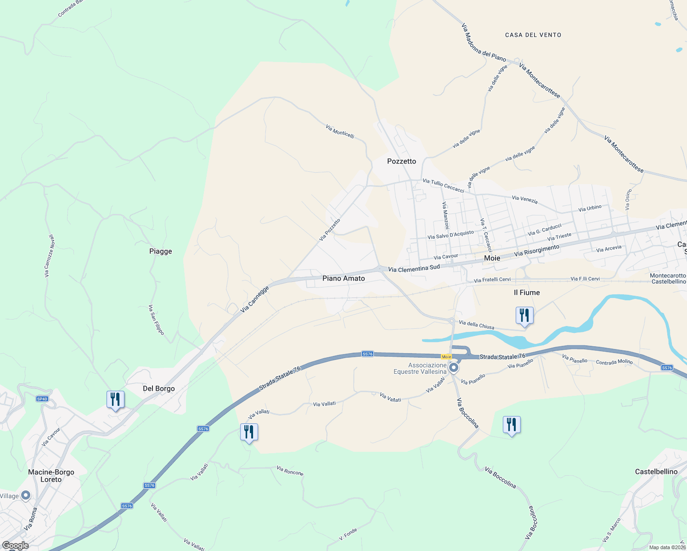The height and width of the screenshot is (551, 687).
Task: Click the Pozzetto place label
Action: tap(401, 161)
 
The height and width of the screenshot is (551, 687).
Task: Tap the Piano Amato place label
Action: tap(343, 278)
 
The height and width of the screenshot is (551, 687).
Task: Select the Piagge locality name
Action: tap(161, 251)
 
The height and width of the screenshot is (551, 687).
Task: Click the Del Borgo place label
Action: tap(158, 388)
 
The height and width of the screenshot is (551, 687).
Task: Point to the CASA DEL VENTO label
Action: tap(533, 35)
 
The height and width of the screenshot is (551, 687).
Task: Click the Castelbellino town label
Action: tap(656, 472)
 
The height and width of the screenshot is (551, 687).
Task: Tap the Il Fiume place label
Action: tap(527, 292)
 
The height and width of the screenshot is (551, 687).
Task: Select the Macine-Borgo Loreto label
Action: tap(51, 476)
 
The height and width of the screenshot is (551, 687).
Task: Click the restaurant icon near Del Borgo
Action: tap(115, 399)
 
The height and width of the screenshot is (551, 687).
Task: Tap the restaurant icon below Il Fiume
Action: tap(524, 315)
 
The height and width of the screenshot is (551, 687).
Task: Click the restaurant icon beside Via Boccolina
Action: tap(511, 425)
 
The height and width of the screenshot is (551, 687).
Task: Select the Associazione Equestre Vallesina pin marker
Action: tap(454, 368)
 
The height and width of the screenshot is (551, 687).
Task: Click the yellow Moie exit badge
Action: tap(446, 357)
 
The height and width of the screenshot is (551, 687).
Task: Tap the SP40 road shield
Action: tap(42, 399)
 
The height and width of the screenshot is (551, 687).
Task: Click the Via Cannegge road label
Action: tap(254, 300)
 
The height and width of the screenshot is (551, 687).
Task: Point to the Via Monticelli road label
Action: tap(340, 131)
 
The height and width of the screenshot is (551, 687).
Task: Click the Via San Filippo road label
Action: tap(156, 320)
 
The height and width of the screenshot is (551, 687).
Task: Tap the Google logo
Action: tap(15, 545)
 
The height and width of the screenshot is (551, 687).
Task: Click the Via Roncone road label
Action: tap(290, 471)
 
